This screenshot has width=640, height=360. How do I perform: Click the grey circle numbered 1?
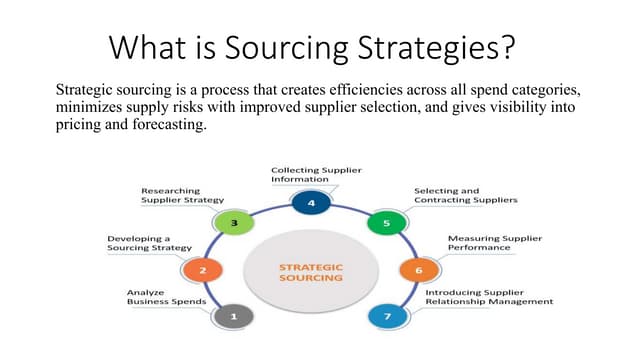point(234,317)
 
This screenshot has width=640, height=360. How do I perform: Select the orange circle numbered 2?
point(203,270)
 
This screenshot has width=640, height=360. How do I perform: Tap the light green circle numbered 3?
point(234,223)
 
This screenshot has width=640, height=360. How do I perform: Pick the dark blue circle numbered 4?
point(311,203)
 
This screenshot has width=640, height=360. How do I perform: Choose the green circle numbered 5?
point(387,223)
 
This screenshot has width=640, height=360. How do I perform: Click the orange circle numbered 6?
point(418,270)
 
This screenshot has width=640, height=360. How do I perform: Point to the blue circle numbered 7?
point(387,317)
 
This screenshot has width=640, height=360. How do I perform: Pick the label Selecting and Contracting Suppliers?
point(465,195)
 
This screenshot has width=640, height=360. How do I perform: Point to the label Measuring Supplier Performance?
point(494,244)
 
